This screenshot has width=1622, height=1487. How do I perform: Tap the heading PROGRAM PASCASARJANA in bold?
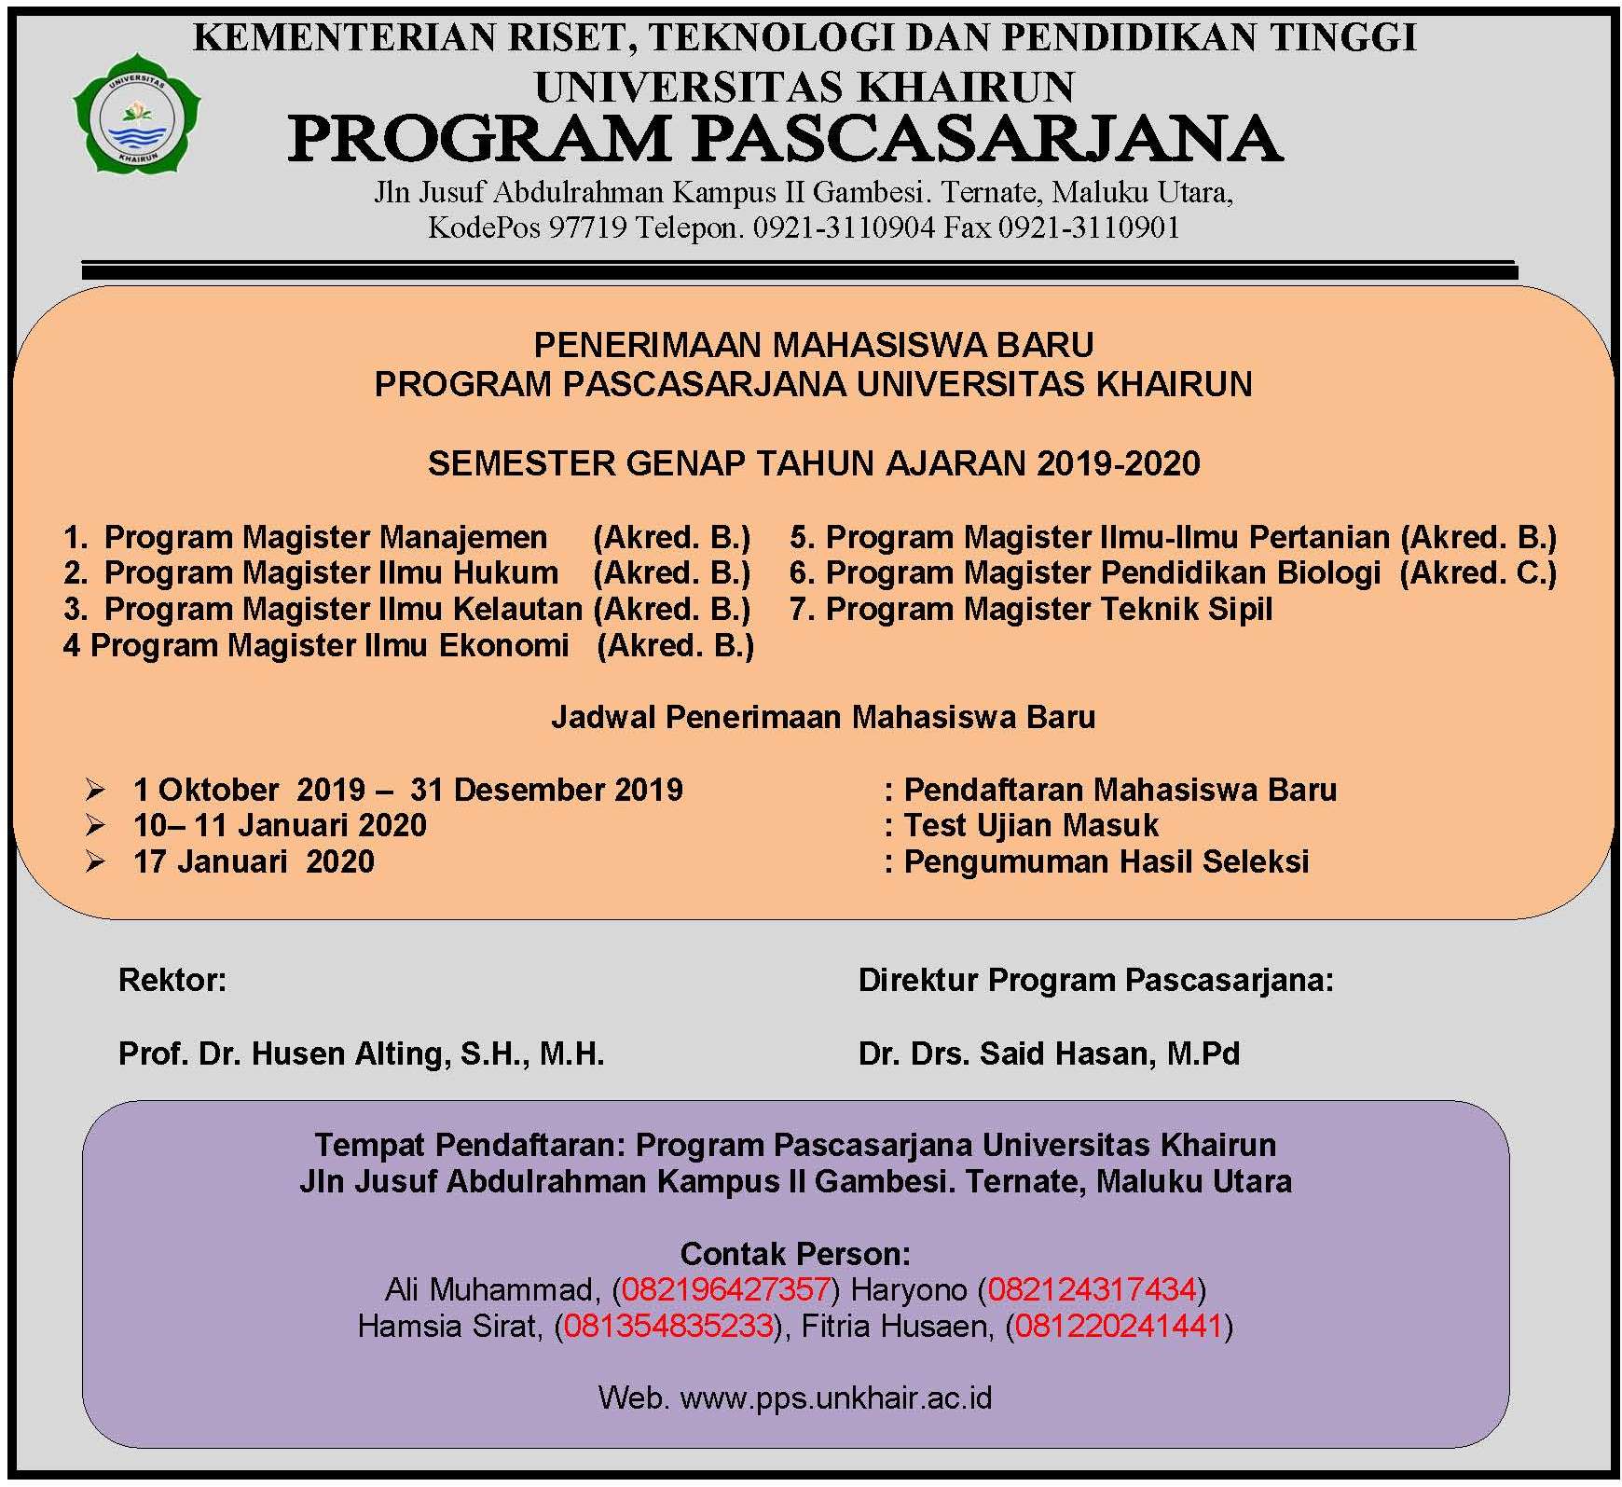tap(784, 140)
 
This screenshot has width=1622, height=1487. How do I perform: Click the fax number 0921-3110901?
tap(1089, 227)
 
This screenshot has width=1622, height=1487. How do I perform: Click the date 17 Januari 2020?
tap(254, 861)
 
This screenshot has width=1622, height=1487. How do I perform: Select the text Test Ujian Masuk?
tap(1031, 826)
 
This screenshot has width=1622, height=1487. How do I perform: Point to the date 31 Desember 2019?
tap(546, 791)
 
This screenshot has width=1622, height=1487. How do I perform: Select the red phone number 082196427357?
tap(725, 1290)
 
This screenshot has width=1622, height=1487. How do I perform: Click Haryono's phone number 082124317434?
tap(1091, 1290)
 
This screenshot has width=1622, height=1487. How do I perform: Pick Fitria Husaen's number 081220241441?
tap(1118, 1326)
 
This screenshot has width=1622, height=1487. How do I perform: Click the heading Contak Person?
tap(795, 1253)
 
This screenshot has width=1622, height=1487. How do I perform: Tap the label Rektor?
tap(172, 981)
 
